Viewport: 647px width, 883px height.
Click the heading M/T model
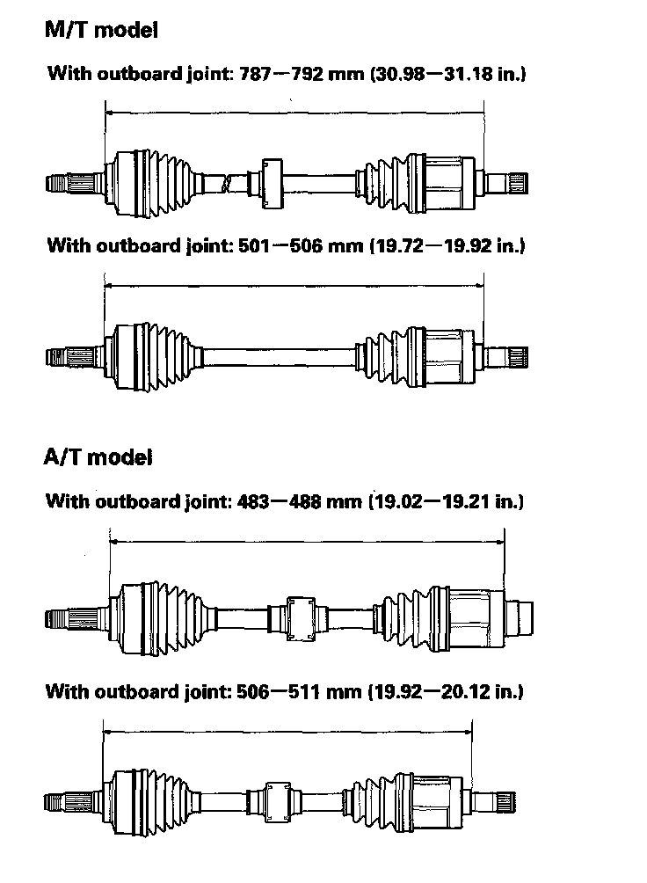pos(101,31)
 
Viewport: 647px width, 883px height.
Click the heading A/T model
pos(98,457)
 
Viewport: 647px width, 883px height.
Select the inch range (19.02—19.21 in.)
pos(445,502)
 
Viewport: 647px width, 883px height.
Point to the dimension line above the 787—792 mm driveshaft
pos(294,113)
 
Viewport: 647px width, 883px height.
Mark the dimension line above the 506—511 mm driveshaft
pos(287,729)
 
